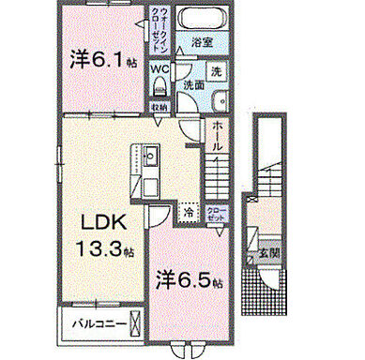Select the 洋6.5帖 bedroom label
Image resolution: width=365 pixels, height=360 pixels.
[x=189, y=279]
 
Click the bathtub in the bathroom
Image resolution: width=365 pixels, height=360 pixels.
[x=197, y=20]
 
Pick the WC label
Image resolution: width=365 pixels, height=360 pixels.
[x=160, y=68]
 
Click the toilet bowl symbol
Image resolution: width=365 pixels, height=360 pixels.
[x=160, y=87]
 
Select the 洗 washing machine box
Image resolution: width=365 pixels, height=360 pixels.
[x=215, y=72]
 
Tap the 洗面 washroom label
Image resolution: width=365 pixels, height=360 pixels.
[x=193, y=84]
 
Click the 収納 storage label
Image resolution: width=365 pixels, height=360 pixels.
[x=161, y=107]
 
